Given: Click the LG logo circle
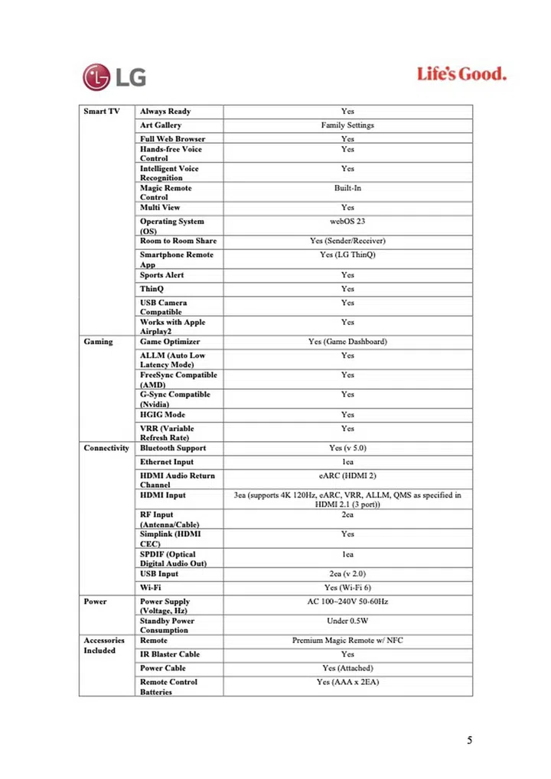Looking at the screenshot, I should (98, 76).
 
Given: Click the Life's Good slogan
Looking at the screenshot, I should (461, 74).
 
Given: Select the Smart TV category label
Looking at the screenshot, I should (101, 112).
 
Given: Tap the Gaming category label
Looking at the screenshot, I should (98, 342).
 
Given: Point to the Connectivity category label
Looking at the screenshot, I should (106, 448).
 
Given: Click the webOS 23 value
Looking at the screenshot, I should (347, 222).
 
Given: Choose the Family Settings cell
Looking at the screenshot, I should (347, 125).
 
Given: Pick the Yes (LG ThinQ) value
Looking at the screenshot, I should (347, 255).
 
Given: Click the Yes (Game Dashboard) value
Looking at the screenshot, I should (347, 342).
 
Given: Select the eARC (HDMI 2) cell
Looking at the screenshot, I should (347, 476).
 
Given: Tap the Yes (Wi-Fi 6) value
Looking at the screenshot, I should (347, 588).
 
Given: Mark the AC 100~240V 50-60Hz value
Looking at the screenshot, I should (347, 602).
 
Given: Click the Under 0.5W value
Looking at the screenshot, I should (347, 621).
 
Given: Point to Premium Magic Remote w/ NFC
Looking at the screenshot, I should (347, 641).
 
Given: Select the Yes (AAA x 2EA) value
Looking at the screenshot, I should (347, 682).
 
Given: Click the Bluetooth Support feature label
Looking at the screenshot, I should (173, 448).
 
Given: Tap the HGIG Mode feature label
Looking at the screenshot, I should (162, 414).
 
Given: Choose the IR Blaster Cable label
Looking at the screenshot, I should (169, 654).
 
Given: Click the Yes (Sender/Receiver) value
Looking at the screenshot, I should (347, 241).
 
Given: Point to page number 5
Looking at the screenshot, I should (470, 740).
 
